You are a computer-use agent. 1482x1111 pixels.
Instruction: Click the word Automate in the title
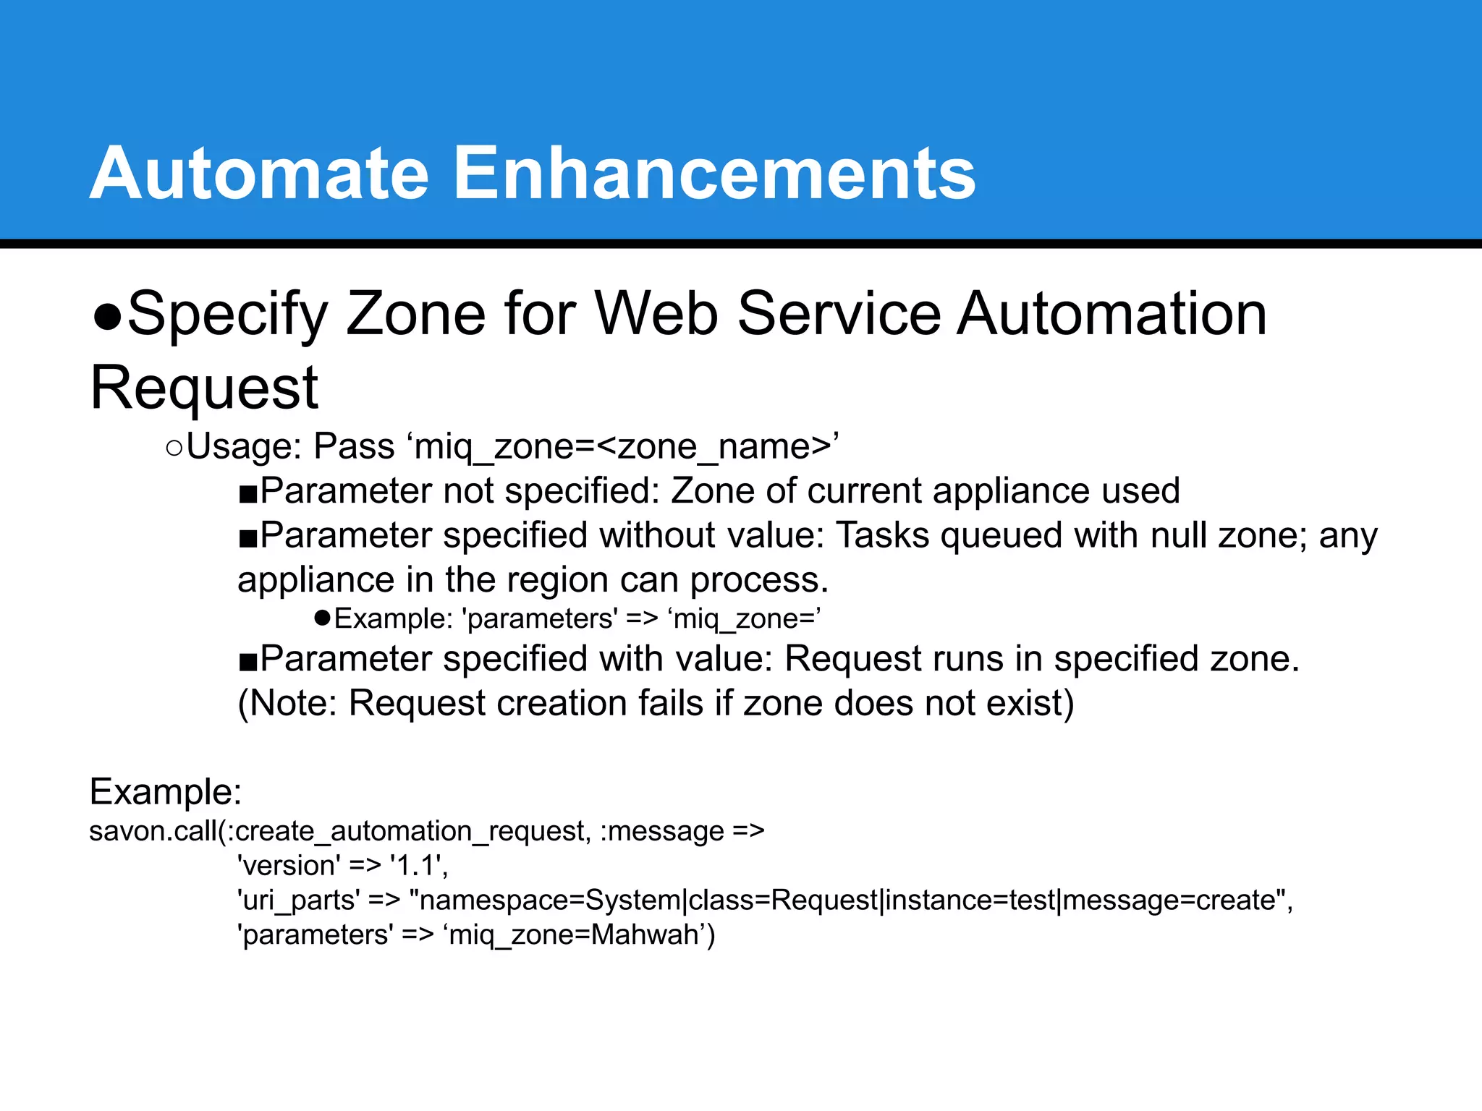259,174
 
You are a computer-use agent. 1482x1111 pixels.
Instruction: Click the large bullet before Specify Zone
107,316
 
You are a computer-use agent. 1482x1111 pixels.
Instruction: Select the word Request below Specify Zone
204,388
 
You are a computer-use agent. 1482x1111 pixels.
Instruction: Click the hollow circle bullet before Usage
174,448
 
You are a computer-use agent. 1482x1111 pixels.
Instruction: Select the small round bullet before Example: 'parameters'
323,618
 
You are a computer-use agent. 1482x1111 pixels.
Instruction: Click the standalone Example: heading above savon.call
165,792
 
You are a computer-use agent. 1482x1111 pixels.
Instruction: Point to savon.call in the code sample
152,831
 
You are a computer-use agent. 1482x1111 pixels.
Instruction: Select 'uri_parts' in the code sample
298,901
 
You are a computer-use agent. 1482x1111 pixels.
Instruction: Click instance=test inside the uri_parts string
970,901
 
